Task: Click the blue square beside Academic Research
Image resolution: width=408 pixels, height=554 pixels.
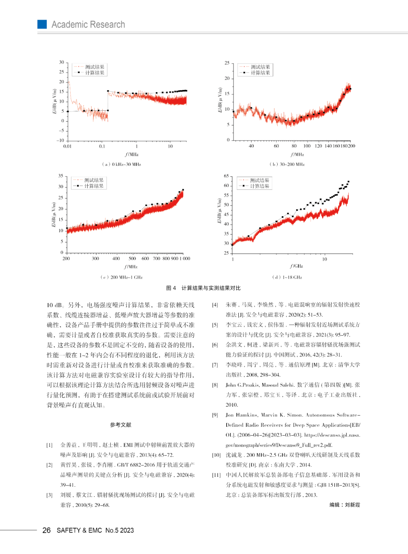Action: [x=42, y=24]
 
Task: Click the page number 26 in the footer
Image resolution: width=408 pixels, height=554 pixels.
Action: [x=46, y=530]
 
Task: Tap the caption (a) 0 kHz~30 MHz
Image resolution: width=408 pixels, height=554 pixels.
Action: [x=122, y=164]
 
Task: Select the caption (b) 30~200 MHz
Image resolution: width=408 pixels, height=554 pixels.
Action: [x=287, y=164]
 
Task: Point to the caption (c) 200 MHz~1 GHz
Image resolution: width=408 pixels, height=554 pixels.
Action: [x=122, y=277]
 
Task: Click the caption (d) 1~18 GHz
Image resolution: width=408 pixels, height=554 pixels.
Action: [x=287, y=277]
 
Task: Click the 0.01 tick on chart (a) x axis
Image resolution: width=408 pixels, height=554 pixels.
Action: [x=67, y=146]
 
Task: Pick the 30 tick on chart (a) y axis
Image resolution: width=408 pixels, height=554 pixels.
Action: [x=62, y=62]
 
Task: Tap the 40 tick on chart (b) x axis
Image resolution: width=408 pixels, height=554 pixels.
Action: [x=251, y=146]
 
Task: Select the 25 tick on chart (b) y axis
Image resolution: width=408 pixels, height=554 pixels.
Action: [x=227, y=63]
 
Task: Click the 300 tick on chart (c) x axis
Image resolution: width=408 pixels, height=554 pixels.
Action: [x=95, y=258]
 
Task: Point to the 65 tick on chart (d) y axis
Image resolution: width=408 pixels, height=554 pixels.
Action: [x=226, y=176]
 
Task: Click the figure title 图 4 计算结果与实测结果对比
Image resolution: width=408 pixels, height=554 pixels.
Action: [x=203, y=288]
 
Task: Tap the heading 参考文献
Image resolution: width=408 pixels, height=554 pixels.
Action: [x=121, y=425]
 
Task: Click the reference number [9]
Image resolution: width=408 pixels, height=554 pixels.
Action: [x=215, y=415]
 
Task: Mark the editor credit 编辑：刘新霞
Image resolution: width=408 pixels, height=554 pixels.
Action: [x=345, y=504]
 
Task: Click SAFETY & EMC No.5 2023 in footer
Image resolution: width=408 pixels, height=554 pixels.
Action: [x=95, y=530]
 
